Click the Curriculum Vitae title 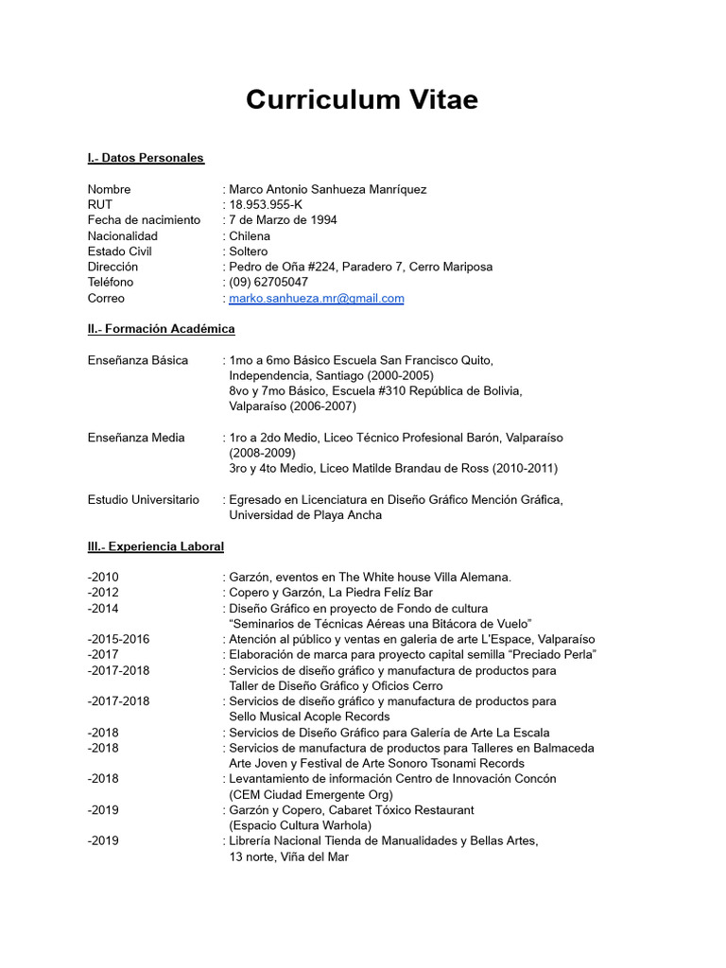pyautogui.click(x=362, y=99)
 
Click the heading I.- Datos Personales pyautogui.click(x=146, y=158)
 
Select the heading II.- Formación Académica pyautogui.click(x=161, y=329)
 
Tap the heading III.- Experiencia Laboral pyautogui.click(x=155, y=546)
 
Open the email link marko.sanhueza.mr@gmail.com pyautogui.click(x=316, y=298)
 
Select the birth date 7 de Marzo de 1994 pyautogui.click(x=283, y=220)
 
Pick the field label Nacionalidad pyautogui.click(x=123, y=235)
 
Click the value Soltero pyautogui.click(x=248, y=251)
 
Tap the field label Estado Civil pyautogui.click(x=120, y=251)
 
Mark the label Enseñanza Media pyautogui.click(x=136, y=438)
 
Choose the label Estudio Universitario pyautogui.click(x=144, y=499)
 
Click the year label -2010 pyautogui.click(x=103, y=577)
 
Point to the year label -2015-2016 pyautogui.click(x=118, y=639)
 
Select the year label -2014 pyautogui.click(x=103, y=608)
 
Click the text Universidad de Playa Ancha pyautogui.click(x=305, y=515)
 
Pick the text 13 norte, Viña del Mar pyautogui.click(x=288, y=856)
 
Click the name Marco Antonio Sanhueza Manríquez pyautogui.click(x=327, y=189)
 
